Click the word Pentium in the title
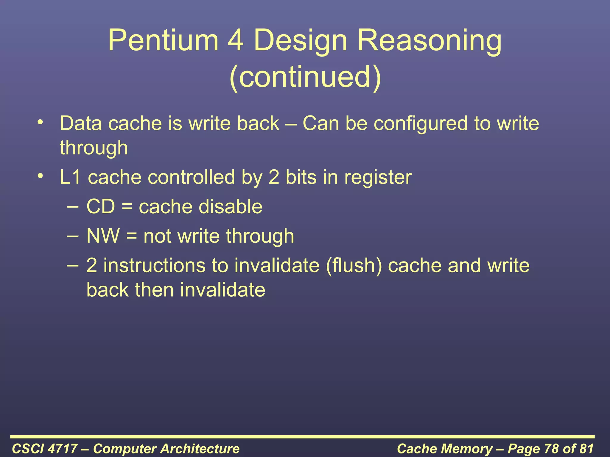click(163, 40)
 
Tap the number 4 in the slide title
click(236, 40)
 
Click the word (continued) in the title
click(305, 77)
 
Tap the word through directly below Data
click(94, 148)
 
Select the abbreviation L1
click(70, 177)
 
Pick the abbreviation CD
click(100, 206)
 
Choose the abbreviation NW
click(103, 236)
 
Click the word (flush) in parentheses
click(354, 265)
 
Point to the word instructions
click(154, 265)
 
